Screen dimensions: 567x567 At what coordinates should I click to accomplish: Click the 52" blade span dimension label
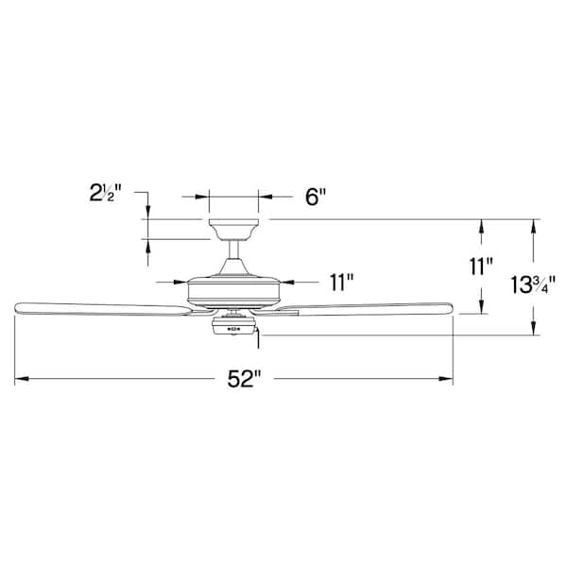tap(244, 379)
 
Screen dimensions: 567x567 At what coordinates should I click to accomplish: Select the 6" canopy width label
tap(316, 198)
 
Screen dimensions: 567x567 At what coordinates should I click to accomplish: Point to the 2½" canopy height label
tap(105, 193)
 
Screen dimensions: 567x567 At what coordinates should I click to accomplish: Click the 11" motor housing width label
tap(341, 282)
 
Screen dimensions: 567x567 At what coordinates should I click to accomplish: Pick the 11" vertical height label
tap(481, 266)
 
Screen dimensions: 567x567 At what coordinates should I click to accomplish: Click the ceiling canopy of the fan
tap(233, 230)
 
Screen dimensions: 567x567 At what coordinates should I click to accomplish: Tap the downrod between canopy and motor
tap(234, 249)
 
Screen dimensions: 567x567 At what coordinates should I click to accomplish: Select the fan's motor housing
tap(234, 289)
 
